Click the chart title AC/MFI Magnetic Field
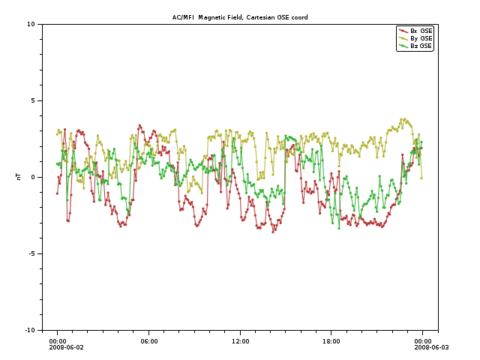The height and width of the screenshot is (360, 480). pos(240,17)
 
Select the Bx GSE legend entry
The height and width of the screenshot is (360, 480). pos(421,31)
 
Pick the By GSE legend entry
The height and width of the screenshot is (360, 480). pos(421,38)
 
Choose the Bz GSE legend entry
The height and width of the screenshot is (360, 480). pos(421,46)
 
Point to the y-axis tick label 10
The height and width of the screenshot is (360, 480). pos(31,24)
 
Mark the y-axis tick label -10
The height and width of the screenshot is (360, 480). pos(30,330)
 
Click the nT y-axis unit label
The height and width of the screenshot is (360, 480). pos(18,177)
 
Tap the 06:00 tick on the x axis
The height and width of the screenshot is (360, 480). pos(148,341)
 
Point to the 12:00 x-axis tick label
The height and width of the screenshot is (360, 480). pos(240,341)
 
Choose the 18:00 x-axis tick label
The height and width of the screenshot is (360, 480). pos(331,341)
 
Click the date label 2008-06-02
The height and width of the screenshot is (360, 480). pos(67,347)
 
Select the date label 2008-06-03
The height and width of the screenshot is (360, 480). pos(432,347)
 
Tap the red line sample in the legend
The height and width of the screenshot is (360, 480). pos(403,31)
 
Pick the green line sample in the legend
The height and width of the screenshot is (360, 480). pos(403,46)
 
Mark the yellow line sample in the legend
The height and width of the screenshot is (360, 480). pos(403,38)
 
